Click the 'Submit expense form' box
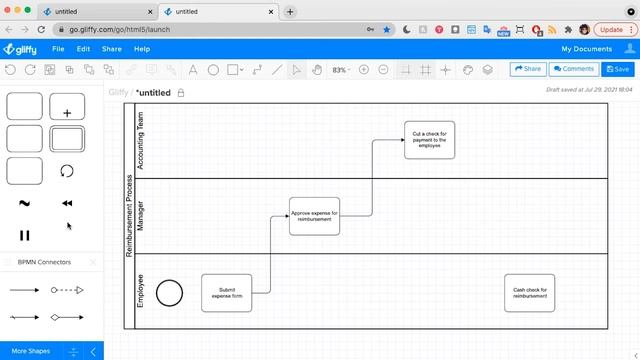point(226,292)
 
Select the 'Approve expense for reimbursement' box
point(314,216)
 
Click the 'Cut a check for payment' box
point(429,140)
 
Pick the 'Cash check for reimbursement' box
point(529,292)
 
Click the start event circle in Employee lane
point(170,292)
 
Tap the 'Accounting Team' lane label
point(140,140)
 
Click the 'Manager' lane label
point(140,216)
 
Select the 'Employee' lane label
point(140,290)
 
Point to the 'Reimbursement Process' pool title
point(129,216)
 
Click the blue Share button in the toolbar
point(527,69)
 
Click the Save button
point(618,69)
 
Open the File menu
point(58,48)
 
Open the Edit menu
point(83,48)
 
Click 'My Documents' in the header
point(586,48)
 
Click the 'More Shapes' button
point(32,351)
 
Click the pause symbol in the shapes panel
point(25,236)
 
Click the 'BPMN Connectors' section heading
point(46,262)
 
